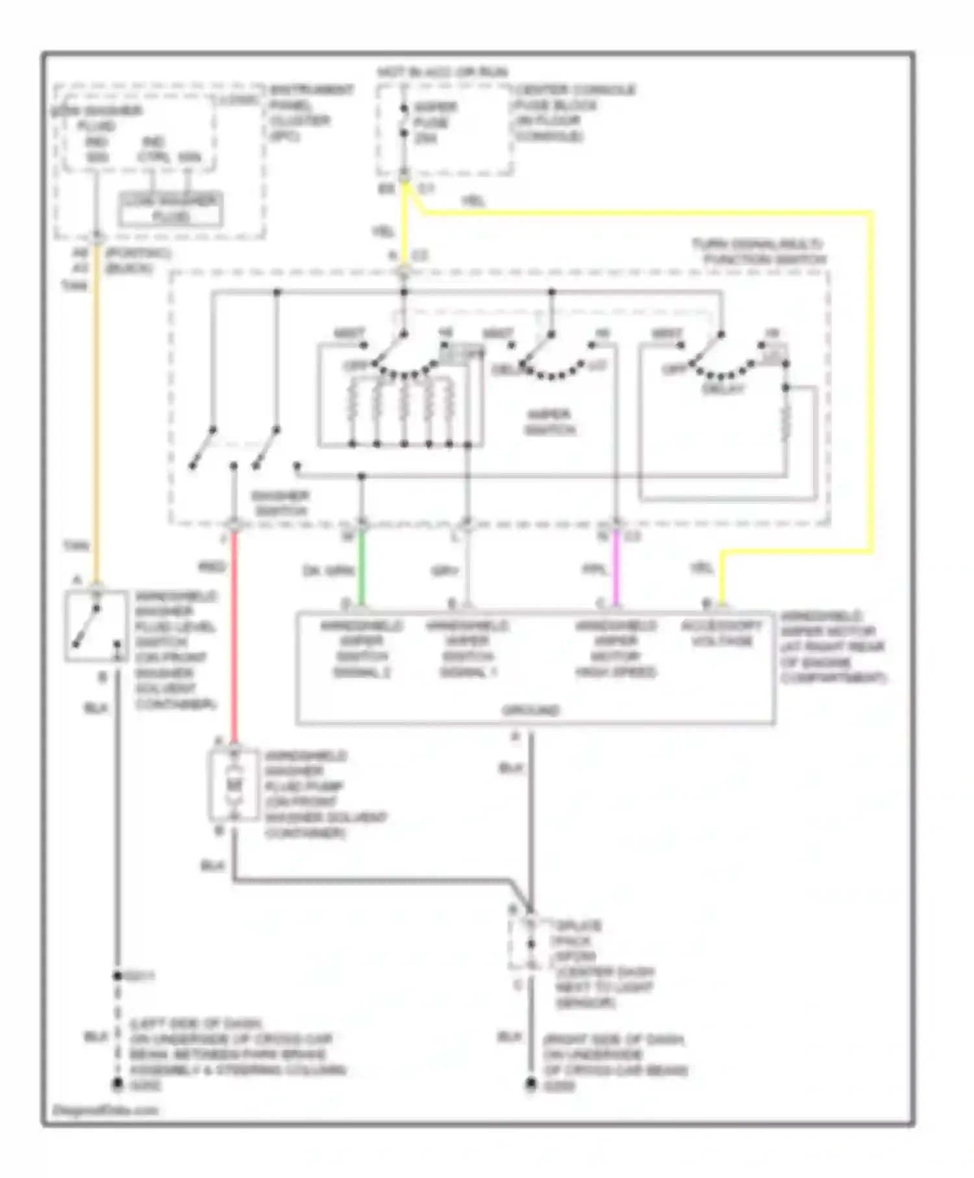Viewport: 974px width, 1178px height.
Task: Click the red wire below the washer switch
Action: pyautogui.click(x=234, y=636)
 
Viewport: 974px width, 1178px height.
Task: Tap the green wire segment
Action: pyautogui.click(x=362, y=568)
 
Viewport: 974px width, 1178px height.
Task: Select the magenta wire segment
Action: pyautogui.click(x=616, y=568)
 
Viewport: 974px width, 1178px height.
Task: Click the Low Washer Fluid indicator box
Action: pyautogui.click(x=170, y=209)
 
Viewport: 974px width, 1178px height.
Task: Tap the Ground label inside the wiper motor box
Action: pyautogui.click(x=530, y=710)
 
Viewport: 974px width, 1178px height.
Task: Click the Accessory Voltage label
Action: pyautogui.click(x=721, y=633)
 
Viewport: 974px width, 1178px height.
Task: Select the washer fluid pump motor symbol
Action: pyautogui.click(x=234, y=784)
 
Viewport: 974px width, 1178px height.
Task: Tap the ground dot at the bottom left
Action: pyautogui.click(x=118, y=1084)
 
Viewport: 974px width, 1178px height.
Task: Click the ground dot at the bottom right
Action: pyautogui.click(x=531, y=1084)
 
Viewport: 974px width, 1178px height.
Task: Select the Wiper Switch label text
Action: pyautogui.click(x=549, y=421)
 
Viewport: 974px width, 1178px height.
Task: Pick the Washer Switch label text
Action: pyautogui.click(x=281, y=503)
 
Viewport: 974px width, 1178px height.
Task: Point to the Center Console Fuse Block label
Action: pyautogui.click(x=574, y=112)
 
